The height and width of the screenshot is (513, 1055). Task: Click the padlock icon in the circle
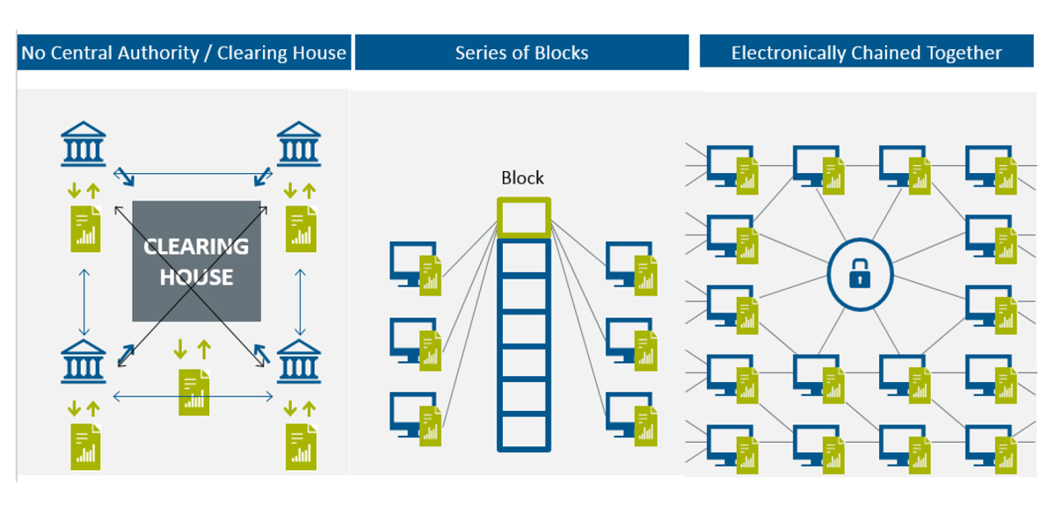[859, 274]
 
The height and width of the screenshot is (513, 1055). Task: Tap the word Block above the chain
[522, 178]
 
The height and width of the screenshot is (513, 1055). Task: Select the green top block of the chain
[523, 218]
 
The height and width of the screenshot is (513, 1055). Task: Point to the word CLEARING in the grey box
[196, 246]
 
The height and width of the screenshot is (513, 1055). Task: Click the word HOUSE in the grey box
[196, 278]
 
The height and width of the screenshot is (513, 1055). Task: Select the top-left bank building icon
[84, 145]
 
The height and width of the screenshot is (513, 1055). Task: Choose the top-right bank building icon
[299, 145]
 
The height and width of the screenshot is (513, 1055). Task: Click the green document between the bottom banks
[194, 392]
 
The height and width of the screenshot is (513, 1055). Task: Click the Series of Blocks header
[521, 53]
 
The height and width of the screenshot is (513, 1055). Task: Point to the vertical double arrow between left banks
[84, 301]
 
